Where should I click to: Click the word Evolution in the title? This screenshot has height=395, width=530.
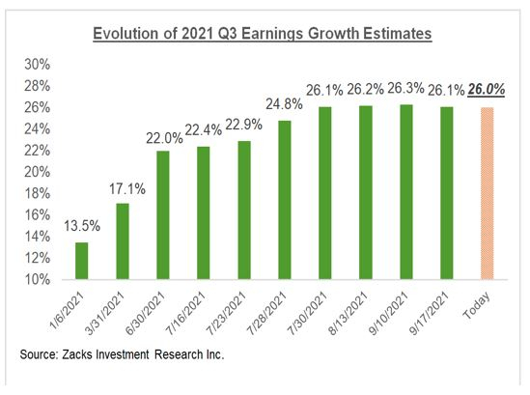tap(126, 35)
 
